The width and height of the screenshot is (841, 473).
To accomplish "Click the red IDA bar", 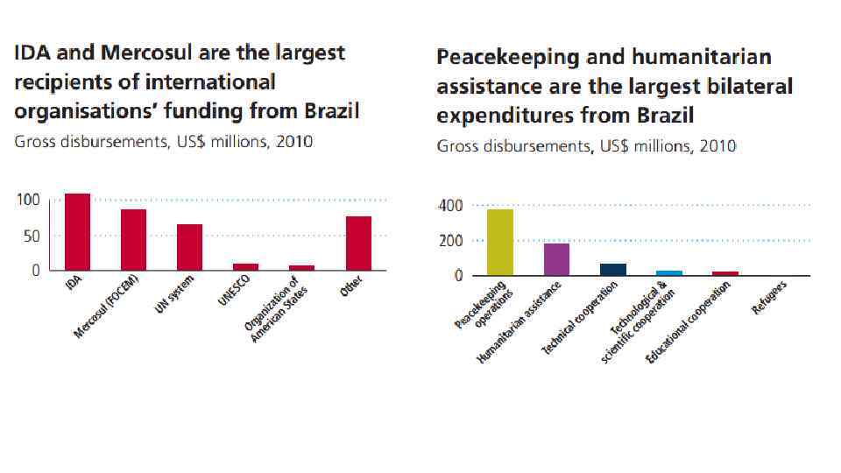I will point(77,232).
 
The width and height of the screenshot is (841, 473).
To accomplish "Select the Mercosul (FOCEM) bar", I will point(133,240).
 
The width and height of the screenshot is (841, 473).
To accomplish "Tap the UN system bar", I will point(189,247).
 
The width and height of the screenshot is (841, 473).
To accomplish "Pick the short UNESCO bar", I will point(245,266).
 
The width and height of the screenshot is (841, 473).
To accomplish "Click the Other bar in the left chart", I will point(358,244).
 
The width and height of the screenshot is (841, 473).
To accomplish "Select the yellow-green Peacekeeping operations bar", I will point(500,242).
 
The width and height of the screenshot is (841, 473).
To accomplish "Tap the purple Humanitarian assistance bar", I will point(556,259).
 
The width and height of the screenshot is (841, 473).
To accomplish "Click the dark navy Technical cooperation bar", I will point(613,270).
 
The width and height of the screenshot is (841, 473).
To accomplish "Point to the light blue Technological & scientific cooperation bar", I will point(669,273).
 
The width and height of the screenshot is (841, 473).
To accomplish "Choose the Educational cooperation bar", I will point(725,273).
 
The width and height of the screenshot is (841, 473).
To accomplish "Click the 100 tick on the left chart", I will point(29,200).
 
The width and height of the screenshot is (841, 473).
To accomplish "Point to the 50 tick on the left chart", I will point(32,236).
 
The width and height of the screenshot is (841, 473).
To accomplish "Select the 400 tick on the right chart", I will point(450,206).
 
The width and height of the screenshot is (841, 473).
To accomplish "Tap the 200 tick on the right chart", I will point(450,241).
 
